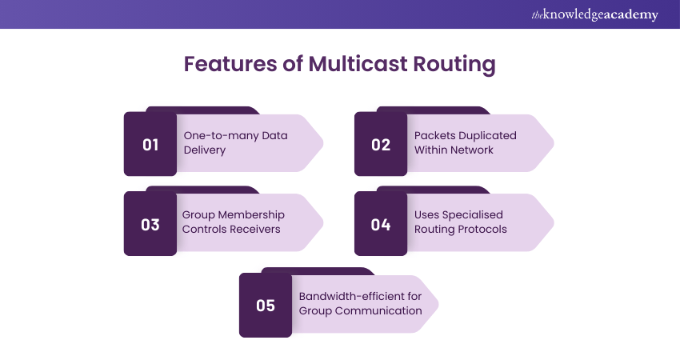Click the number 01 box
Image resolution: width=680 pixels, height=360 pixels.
pos(150,145)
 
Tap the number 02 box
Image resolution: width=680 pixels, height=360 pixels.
pos(381,145)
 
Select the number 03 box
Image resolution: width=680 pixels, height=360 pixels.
pos(150,225)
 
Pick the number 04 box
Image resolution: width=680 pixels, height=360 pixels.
pos(381,225)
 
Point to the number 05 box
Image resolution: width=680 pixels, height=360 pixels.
pos(266,305)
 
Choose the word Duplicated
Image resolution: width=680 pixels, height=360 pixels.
pos(488,136)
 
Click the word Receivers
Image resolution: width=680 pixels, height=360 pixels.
pos(256,230)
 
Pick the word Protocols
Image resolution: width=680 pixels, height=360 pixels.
pos(481,230)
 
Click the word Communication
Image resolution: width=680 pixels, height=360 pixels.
pos(379,310)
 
